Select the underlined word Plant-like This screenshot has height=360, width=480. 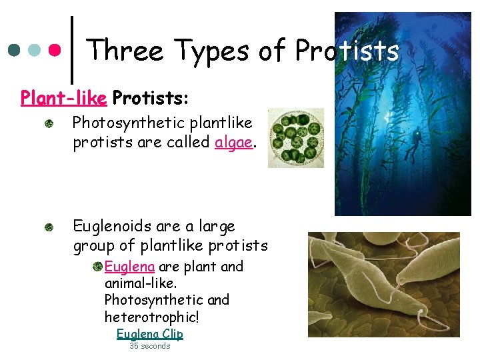click(63, 99)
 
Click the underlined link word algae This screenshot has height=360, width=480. click(234, 143)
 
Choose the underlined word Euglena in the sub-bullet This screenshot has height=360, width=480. click(129, 267)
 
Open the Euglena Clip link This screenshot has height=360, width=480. click(149, 333)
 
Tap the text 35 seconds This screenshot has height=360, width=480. click(149, 346)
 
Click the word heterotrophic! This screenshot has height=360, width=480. click(151, 317)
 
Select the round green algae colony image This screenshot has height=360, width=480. click(295, 137)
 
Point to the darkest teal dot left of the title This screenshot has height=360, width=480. click(15, 50)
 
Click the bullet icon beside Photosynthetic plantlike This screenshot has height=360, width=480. click(50, 125)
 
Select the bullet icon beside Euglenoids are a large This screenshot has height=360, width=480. click(50, 227)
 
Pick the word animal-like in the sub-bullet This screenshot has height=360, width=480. click(137, 283)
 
